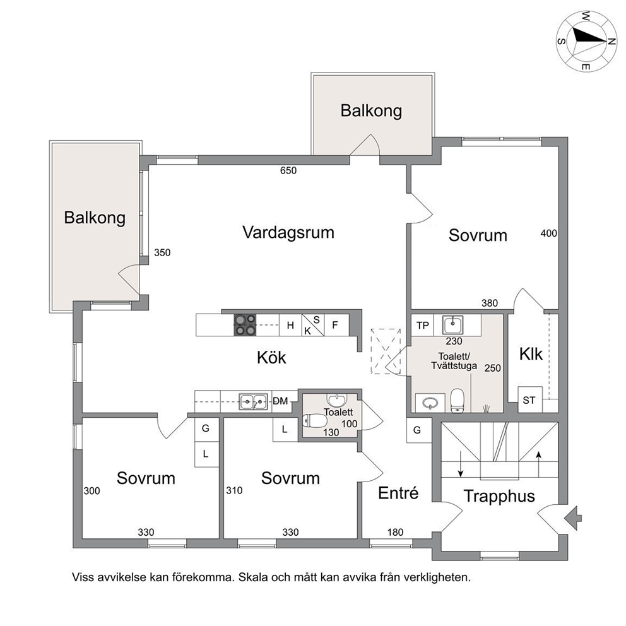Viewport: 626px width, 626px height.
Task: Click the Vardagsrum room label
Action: click(x=288, y=232)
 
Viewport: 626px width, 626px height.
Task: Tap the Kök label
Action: click(x=271, y=357)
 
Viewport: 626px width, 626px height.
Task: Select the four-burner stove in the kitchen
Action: click(x=245, y=325)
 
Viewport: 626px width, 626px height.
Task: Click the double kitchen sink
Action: click(x=253, y=401)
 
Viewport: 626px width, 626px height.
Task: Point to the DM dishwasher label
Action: click(x=280, y=401)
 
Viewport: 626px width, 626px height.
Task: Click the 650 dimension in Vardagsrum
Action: click(x=288, y=170)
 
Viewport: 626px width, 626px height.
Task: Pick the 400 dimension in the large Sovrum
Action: click(x=548, y=233)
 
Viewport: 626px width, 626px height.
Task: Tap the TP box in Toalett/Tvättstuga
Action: click(x=422, y=326)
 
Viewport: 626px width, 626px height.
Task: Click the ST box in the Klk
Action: click(x=530, y=399)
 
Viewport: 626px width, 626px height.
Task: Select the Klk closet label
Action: click(x=531, y=354)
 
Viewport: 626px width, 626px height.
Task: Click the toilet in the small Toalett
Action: click(x=315, y=421)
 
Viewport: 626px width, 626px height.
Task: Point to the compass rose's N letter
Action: click(x=611, y=42)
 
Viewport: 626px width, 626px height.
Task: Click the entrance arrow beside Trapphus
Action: click(x=573, y=518)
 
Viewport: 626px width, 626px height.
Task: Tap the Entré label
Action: click(x=398, y=493)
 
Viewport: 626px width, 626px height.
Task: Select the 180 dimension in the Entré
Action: click(x=395, y=532)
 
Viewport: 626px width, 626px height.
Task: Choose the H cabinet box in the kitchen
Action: click(x=290, y=325)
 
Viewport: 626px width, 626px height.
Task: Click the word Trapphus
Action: click(x=499, y=496)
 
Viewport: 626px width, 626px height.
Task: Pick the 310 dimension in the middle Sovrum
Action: click(x=234, y=490)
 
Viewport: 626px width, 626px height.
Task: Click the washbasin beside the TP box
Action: click(x=452, y=324)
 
